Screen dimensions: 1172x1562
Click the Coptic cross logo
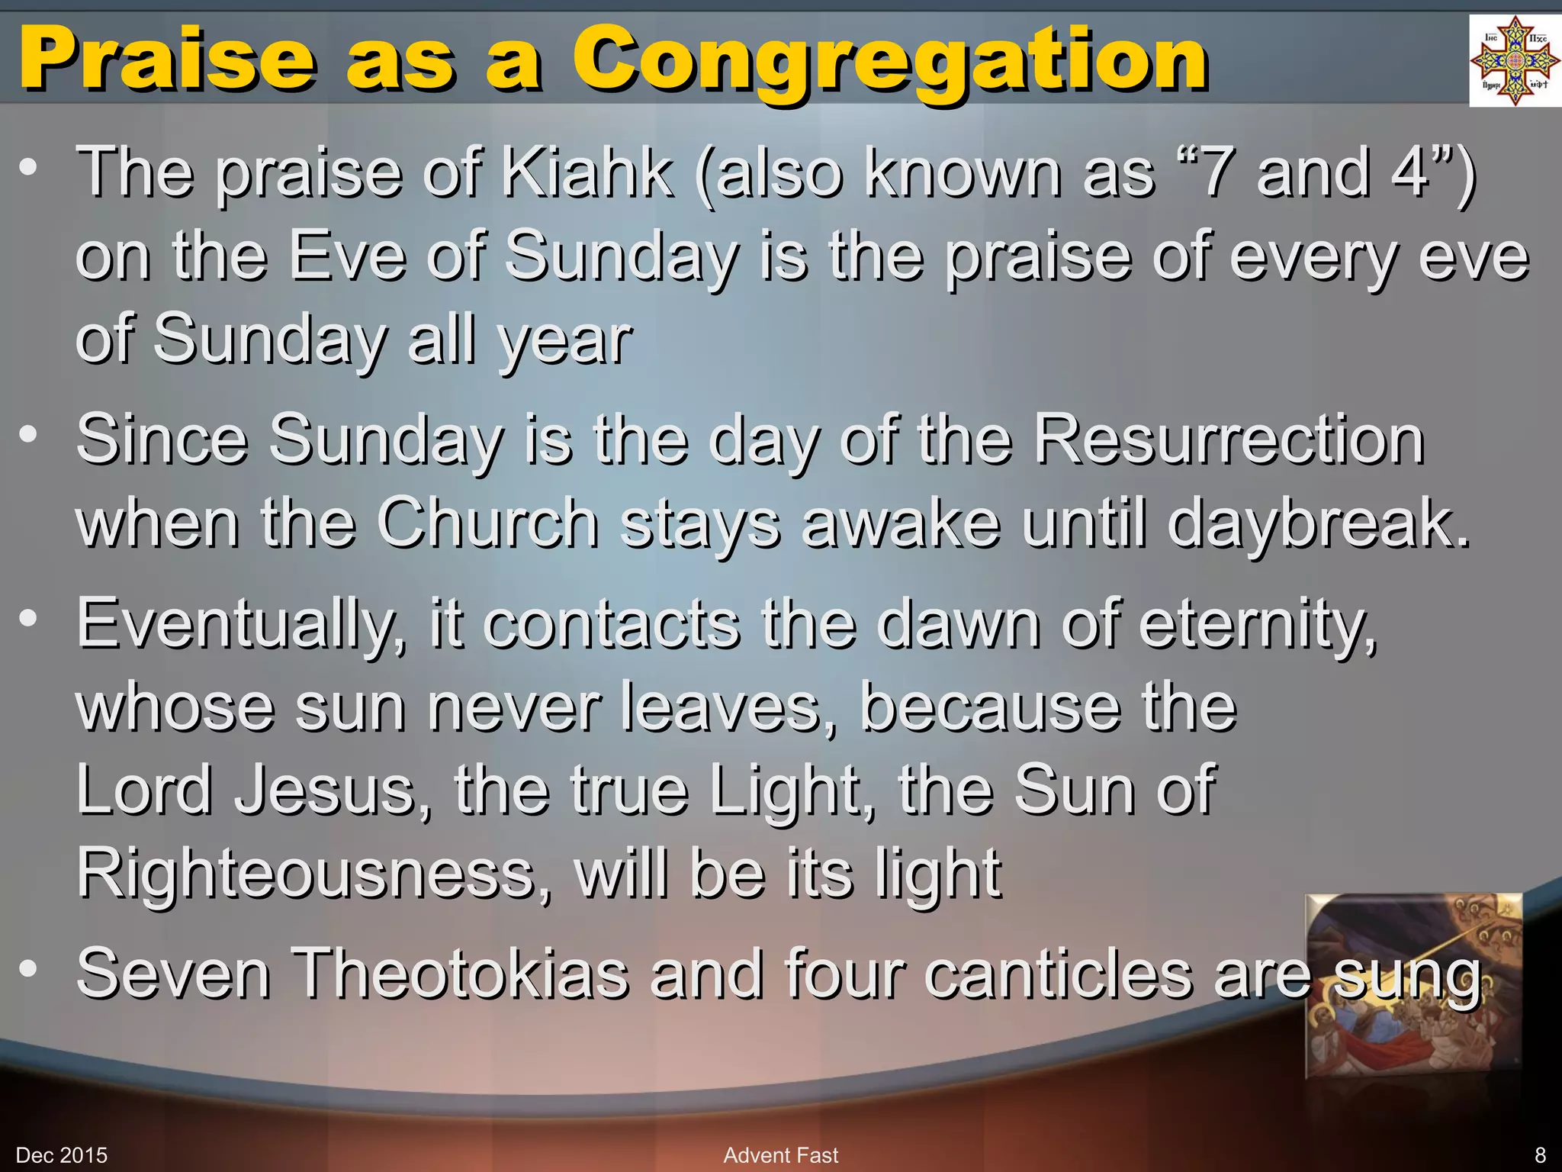coord(1514,61)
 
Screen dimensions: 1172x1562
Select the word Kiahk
coord(587,173)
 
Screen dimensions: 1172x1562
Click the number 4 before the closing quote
coord(1409,173)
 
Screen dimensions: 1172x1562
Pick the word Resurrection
coord(1228,440)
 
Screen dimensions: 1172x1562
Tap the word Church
coord(488,523)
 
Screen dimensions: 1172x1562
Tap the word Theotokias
coord(461,974)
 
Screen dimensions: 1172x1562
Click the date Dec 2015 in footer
coord(62,1155)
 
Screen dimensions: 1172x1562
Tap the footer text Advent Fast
coord(780,1155)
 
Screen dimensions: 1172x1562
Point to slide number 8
coord(1540,1155)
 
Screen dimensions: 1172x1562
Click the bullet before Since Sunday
coord(28,435)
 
